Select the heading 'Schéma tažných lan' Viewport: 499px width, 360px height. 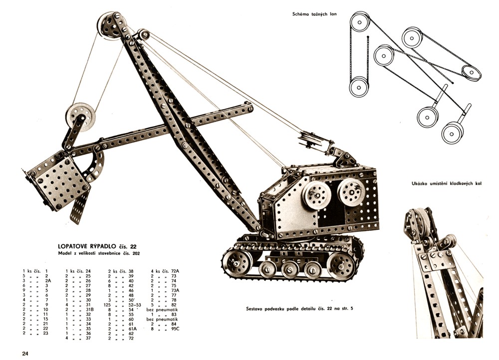(x=314, y=14)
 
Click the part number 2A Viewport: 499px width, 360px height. (x=48, y=281)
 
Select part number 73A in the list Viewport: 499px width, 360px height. (x=175, y=290)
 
